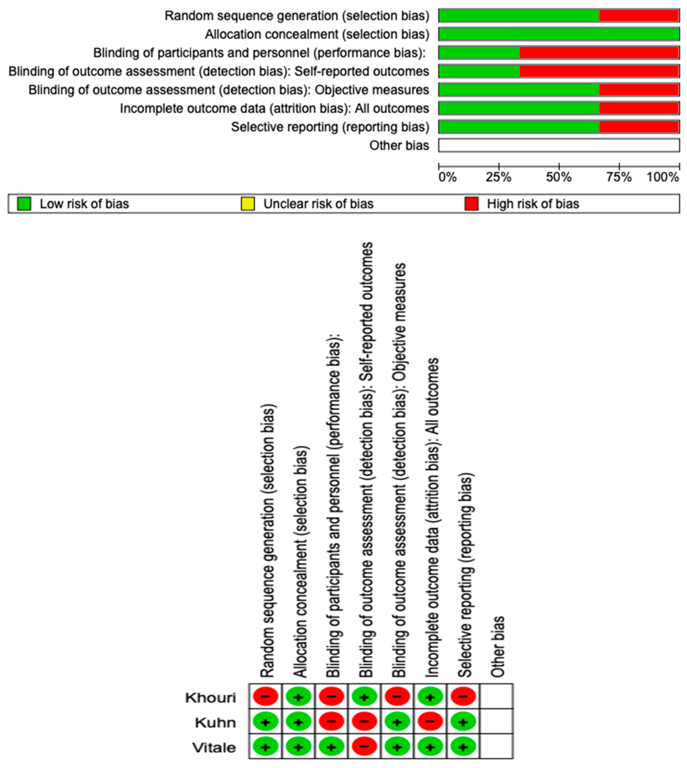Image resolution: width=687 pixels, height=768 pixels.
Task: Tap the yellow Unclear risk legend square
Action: click(x=248, y=204)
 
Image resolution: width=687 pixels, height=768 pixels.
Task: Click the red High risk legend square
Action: click(x=472, y=204)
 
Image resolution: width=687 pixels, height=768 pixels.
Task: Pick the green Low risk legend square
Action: click(x=24, y=204)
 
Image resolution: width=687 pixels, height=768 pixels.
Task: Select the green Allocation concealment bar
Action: click(x=559, y=34)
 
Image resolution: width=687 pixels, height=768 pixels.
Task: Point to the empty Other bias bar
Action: click(x=559, y=145)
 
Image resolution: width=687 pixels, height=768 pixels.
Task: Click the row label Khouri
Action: click(x=210, y=698)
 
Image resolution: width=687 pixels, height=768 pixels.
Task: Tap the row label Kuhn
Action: click(x=215, y=723)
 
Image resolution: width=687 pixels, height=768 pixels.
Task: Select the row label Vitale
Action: click(x=214, y=748)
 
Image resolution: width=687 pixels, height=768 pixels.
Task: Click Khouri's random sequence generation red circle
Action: click(x=265, y=697)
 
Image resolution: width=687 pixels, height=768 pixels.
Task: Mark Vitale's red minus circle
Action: click(x=364, y=747)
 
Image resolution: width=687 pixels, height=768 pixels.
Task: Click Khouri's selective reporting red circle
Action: click(x=463, y=697)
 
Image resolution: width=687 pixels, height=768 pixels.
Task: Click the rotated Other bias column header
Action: click(x=497, y=647)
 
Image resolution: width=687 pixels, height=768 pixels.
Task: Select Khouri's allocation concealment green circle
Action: click(x=298, y=697)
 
